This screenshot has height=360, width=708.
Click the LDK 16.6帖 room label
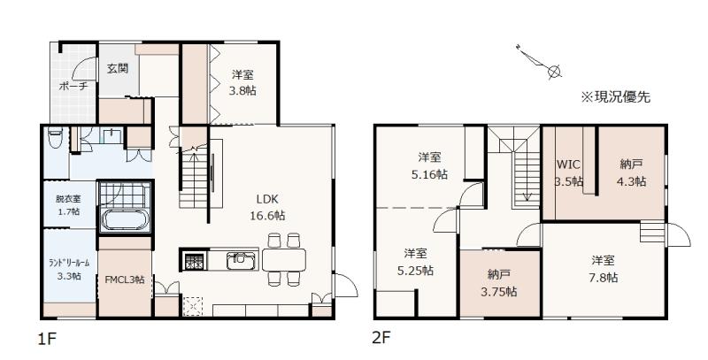click(268, 207)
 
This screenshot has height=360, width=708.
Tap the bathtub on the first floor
click(125, 220)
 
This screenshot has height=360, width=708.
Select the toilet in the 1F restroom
click(55, 138)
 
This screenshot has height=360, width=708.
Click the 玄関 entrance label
click(118, 69)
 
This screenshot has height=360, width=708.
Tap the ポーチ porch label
click(73, 86)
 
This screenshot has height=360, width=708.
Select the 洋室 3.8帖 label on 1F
click(242, 82)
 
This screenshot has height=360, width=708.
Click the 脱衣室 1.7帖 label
click(68, 204)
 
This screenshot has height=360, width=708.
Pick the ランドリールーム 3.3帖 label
click(69, 269)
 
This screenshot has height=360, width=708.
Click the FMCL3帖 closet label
click(125, 280)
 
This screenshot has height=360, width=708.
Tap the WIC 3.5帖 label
click(568, 173)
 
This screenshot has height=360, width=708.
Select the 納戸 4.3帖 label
click(631, 173)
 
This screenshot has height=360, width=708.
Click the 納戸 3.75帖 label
click(499, 283)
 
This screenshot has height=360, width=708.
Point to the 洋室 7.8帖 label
click(604, 269)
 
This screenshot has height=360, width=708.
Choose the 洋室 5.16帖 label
click(429, 166)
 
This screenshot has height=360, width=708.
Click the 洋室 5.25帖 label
click(415, 262)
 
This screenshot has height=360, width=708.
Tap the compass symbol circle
click(555, 72)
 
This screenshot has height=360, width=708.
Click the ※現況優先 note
click(616, 97)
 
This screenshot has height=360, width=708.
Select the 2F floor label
click(381, 337)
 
